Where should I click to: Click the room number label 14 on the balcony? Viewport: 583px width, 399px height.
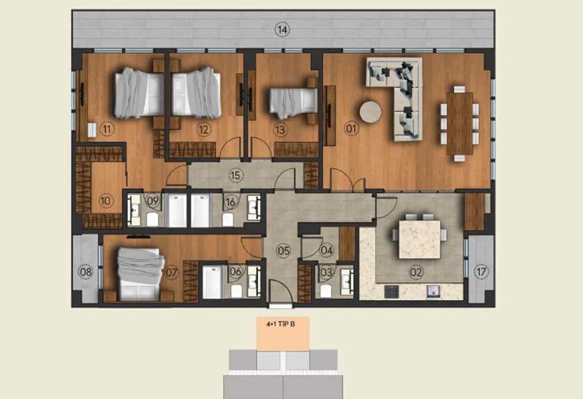click(282, 30)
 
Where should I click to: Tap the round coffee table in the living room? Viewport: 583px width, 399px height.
click(370, 112)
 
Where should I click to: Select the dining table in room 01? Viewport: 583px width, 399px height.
click(460, 124)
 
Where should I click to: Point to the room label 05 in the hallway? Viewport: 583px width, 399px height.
click(284, 251)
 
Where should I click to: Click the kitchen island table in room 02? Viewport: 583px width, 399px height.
click(420, 239)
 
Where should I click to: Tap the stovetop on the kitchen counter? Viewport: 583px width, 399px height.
click(391, 291)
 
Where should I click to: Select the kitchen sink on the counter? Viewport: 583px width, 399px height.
click(433, 291)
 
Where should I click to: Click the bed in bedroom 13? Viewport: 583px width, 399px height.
click(293, 100)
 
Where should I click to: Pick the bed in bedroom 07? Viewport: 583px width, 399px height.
click(140, 274)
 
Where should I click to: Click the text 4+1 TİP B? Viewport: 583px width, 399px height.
click(281, 324)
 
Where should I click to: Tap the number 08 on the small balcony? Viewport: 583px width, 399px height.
click(86, 272)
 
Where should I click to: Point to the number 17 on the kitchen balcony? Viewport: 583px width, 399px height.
click(482, 272)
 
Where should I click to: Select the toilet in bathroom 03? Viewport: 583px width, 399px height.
click(326, 291)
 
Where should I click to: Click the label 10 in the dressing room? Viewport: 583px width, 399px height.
click(105, 201)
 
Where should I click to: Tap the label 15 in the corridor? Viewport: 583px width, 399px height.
click(235, 176)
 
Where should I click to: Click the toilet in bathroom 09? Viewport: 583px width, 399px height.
click(153, 219)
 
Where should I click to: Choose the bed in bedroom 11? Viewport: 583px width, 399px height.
click(139, 93)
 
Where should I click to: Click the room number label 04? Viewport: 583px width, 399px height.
click(326, 250)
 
